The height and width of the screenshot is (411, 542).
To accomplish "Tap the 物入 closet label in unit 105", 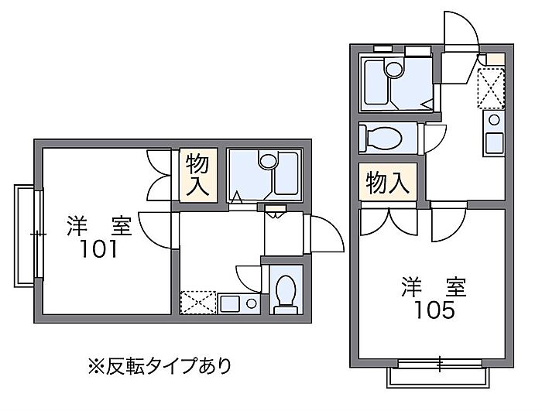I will tap(387, 183).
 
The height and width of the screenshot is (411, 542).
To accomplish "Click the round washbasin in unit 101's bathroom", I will tap(268, 162).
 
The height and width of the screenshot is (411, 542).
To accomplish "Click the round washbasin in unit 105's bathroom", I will tap(393, 69).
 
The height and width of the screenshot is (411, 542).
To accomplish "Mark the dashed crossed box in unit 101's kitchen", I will tap(197, 301).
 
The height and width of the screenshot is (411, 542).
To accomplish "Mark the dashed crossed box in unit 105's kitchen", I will tap(491, 86).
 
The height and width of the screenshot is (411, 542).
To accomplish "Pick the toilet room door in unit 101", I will tap(250, 276).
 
